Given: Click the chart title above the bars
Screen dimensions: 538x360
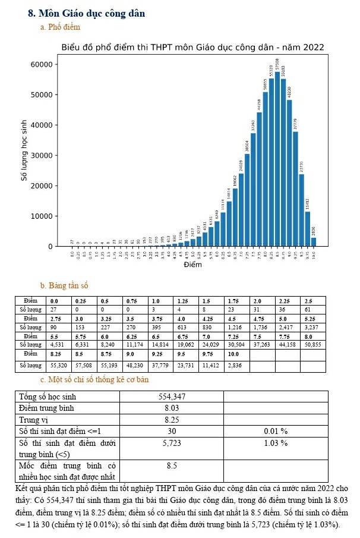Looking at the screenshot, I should [192, 48].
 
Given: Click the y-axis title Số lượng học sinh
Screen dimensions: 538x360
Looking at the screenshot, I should [24, 154].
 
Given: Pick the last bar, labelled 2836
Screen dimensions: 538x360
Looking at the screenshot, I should [313, 241].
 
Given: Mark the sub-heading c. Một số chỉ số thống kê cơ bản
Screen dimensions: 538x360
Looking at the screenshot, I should [94, 379].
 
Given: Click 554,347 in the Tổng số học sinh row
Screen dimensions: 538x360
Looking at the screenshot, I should [172, 397].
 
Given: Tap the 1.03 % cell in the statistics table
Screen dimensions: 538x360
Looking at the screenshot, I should [276, 443].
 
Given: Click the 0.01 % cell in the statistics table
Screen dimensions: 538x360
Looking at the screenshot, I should [276, 430].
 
